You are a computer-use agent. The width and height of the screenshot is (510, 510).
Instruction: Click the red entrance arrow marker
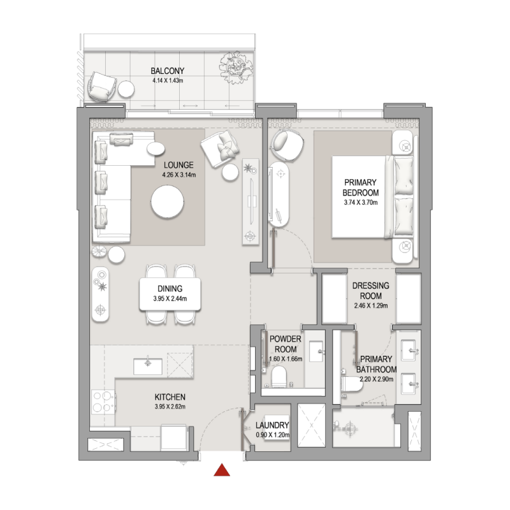click(x=221, y=470)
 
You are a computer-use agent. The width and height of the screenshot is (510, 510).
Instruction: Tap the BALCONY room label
click(x=168, y=71)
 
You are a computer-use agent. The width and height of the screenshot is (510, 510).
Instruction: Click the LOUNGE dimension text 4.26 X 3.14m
click(x=178, y=175)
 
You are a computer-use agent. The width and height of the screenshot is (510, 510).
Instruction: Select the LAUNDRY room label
click(x=272, y=425)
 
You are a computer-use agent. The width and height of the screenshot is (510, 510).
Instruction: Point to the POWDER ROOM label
click(x=285, y=345)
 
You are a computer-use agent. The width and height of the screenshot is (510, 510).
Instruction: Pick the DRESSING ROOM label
click(x=367, y=291)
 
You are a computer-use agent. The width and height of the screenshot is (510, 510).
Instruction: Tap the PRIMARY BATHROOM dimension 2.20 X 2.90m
click(x=376, y=379)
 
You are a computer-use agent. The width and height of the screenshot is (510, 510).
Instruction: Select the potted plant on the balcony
click(x=236, y=67)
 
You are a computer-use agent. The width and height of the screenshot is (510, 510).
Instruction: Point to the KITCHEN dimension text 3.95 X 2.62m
click(x=170, y=406)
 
